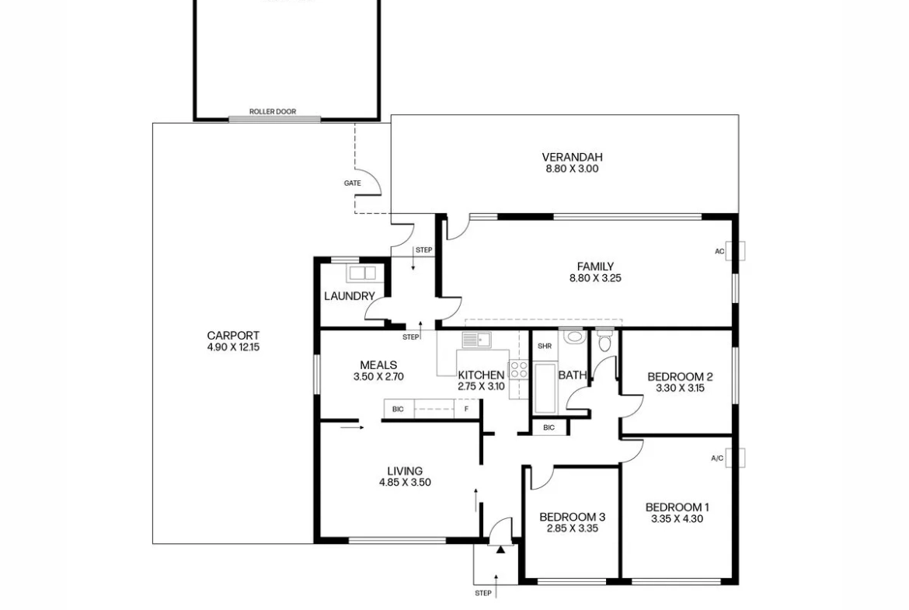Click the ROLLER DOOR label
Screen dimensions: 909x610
(x=273, y=111)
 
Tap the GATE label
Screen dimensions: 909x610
(x=353, y=183)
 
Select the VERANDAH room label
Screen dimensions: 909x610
(x=572, y=157)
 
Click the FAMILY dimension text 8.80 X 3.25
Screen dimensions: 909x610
(x=595, y=278)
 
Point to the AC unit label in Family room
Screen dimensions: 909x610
(x=719, y=252)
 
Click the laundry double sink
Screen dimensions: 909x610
(x=362, y=273)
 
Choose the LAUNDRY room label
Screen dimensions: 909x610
(x=350, y=296)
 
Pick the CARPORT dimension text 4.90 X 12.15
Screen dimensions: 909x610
(x=233, y=347)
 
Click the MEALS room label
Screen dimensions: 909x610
(x=378, y=365)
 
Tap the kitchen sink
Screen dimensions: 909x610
(x=476, y=340)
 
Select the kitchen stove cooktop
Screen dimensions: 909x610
(x=518, y=369)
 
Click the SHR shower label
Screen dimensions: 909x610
(x=545, y=346)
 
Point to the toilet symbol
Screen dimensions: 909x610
(x=604, y=342)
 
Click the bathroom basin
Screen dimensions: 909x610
(x=574, y=336)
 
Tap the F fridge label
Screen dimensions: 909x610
(x=466, y=410)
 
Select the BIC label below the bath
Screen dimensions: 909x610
(x=549, y=428)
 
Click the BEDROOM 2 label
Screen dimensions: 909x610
(x=680, y=377)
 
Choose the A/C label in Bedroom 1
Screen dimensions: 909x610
(x=717, y=458)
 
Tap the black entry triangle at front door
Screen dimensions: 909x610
(x=500, y=549)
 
